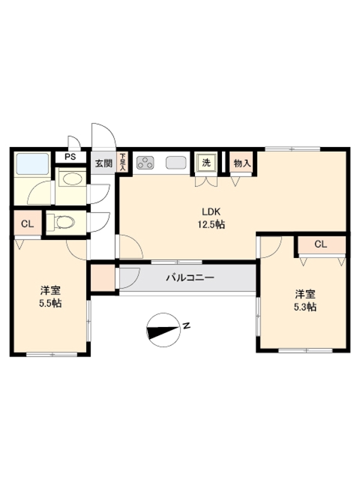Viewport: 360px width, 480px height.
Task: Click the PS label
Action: click(x=71, y=158)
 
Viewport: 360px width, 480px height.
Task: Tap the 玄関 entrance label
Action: click(x=103, y=163)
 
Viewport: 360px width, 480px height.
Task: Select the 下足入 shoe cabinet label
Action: click(x=123, y=162)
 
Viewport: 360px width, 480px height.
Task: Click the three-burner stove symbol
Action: click(x=146, y=162)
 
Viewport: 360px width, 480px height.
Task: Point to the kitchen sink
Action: click(x=176, y=162)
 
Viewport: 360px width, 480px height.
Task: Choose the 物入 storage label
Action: click(x=242, y=163)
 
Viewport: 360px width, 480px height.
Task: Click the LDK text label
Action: click(x=212, y=211)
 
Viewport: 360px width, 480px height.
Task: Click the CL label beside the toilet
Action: click(x=27, y=224)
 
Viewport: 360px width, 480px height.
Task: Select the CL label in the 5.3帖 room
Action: click(x=320, y=244)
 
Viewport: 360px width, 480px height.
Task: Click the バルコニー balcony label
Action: click(x=190, y=278)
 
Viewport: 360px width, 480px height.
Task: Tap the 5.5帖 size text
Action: click(x=50, y=304)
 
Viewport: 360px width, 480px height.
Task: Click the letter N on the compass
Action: click(x=187, y=326)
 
